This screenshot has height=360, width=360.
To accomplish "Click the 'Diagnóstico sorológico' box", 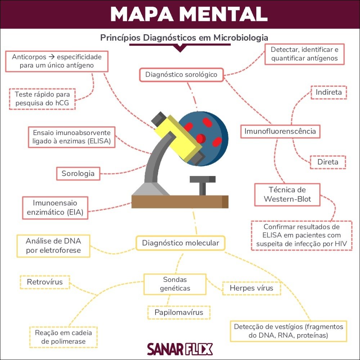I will pos(181,75).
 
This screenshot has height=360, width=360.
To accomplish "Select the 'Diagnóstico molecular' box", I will pos(180,243).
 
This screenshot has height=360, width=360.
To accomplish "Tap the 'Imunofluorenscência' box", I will pos(280,131).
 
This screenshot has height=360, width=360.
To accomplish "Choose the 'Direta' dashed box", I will pos(328,162).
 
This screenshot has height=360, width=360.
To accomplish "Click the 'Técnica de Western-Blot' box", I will pos(287,194).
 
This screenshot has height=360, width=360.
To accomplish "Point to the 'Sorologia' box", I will pos(78,174).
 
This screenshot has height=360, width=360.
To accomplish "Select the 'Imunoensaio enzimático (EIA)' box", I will pos(55,207).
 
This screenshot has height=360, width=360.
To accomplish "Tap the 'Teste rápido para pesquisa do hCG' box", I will pos(42,99).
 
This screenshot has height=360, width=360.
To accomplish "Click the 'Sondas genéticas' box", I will pos(175,284).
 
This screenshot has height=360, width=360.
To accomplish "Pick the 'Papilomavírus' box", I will pos(179,312).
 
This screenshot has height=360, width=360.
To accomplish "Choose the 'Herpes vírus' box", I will pos(251,288).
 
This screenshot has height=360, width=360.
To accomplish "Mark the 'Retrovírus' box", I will pos(45,282).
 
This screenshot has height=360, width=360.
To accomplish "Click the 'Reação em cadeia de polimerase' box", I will pos(63,337).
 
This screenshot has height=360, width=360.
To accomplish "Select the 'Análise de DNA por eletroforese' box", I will pos(53,246).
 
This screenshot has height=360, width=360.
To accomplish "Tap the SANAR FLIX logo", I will pos(180,349).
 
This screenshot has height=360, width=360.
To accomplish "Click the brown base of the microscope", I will pos(180,202).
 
